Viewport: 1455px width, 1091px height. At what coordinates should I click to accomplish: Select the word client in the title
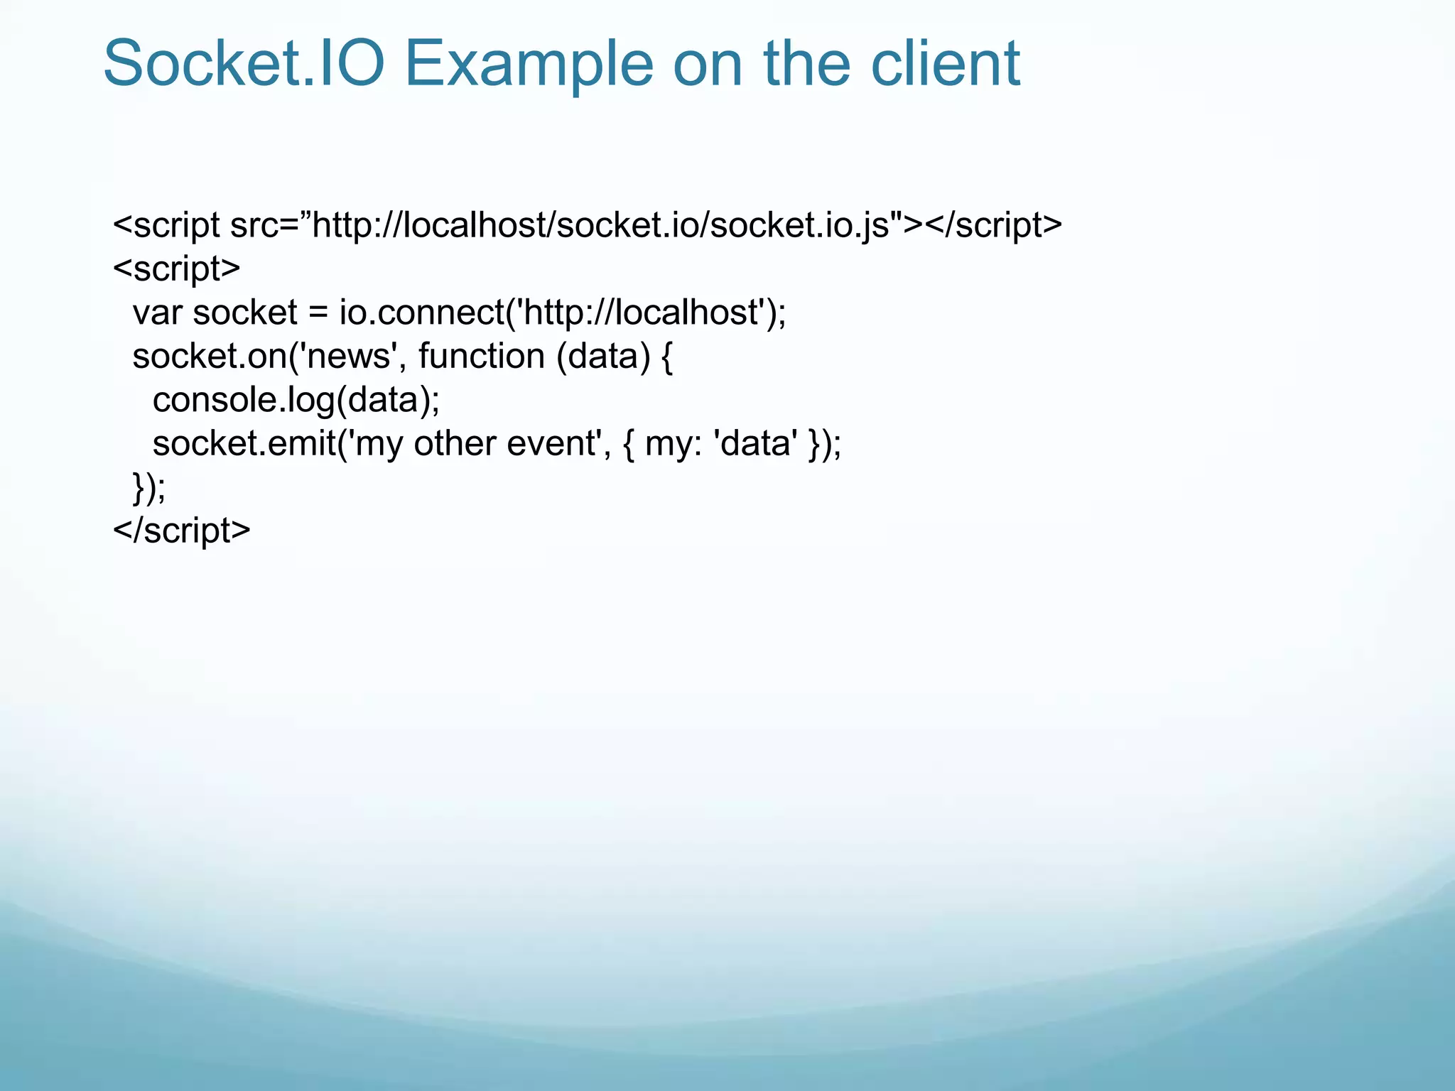coord(945,64)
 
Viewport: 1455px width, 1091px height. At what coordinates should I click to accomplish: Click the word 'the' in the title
coord(806,64)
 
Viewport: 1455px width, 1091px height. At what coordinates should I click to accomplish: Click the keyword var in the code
coord(157,313)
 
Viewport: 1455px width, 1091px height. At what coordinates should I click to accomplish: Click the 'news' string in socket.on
coord(349,357)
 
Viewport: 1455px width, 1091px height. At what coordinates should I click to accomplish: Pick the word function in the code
coord(481,357)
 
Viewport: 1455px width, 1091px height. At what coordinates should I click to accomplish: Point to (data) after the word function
coord(603,357)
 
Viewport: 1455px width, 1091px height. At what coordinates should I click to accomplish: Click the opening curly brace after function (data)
coord(666,357)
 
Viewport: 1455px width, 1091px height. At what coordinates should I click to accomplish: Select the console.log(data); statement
coord(296,401)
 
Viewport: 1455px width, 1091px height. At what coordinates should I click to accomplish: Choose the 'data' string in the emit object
coord(754,444)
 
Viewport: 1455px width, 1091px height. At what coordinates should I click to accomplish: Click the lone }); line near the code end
coord(149,488)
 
